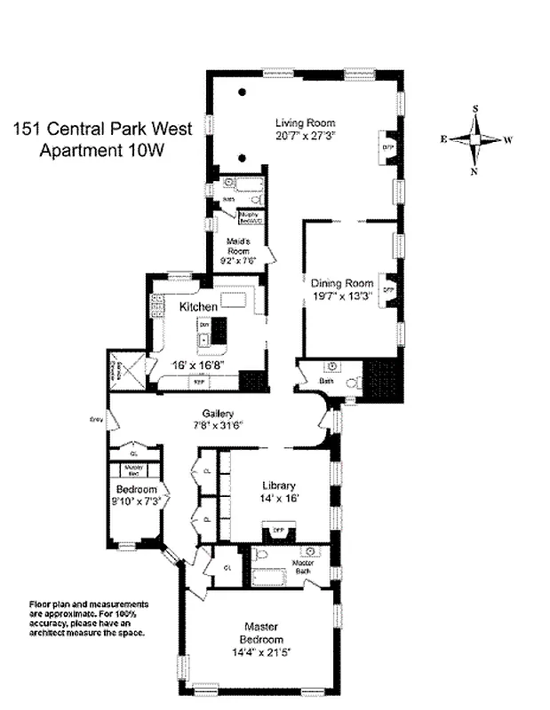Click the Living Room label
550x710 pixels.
click(x=306, y=122)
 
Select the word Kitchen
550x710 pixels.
click(x=198, y=307)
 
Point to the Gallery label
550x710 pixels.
click(x=218, y=414)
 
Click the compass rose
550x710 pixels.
click(x=476, y=139)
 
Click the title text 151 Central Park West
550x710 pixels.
click(x=100, y=128)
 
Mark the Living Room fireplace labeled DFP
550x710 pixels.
click(x=387, y=147)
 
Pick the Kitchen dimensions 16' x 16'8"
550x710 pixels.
click(x=198, y=364)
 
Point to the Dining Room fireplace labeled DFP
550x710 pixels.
click(x=387, y=289)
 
